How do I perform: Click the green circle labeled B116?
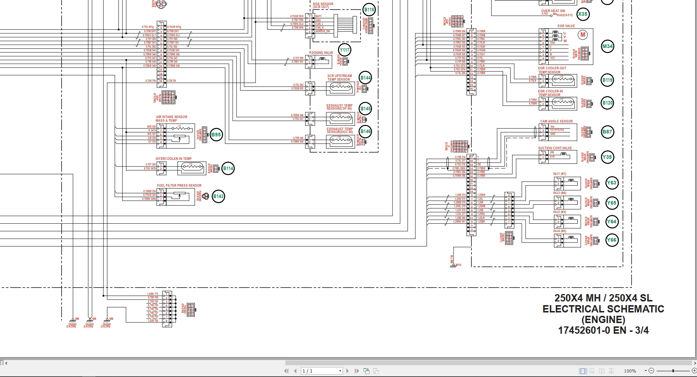(x=369, y=10)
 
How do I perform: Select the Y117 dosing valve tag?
(x=344, y=50)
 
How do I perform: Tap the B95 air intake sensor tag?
(x=216, y=135)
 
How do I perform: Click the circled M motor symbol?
(x=583, y=35)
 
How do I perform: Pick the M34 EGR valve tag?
(x=607, y=46)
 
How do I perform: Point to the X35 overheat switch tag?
(x=583, y=14)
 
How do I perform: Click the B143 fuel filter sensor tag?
(x=218, y=196)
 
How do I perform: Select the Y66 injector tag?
(x=612, y=240)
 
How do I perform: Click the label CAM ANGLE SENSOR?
(x=556, y=121)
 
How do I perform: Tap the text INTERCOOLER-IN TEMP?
(x=174, y=159)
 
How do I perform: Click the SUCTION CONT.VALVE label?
(x=555, y=148)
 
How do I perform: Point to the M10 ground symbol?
(x=454, y=265)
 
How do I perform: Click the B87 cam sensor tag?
(x=607, y=132)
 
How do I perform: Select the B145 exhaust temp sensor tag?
(x=365, y=109)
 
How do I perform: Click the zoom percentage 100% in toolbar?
(x=630, y=371)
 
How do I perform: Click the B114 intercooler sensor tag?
(x=228, y=169)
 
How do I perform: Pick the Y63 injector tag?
(x=612, y=183)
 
